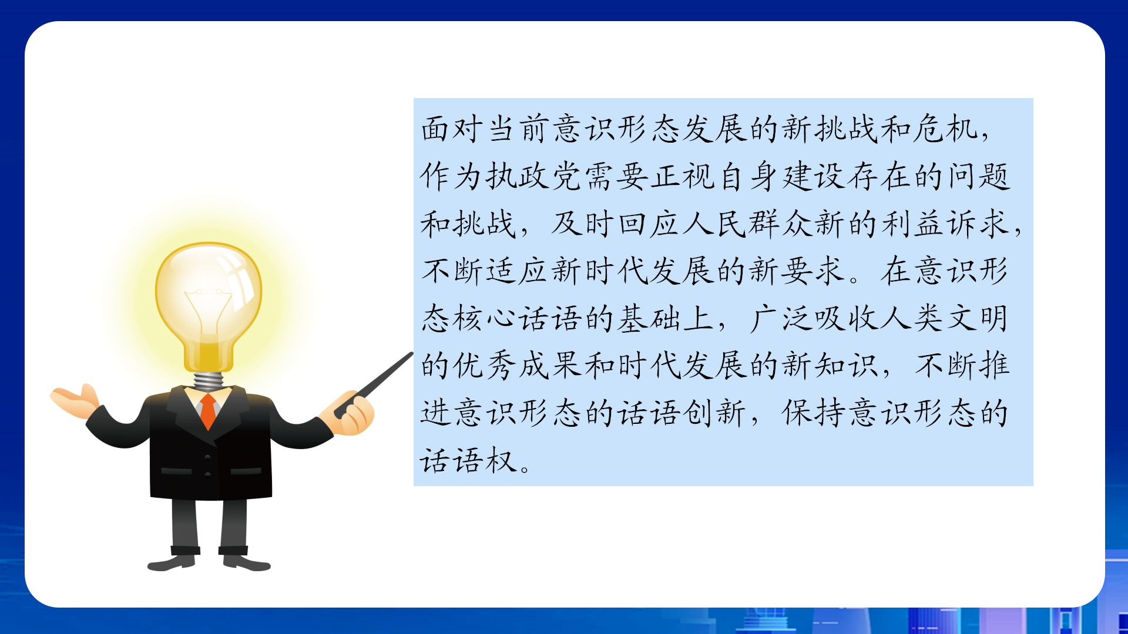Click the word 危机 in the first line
tap(945, 129)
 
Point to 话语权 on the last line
tap(468, 460)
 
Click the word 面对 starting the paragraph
tap(452, 129)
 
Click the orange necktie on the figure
tap(209, 410)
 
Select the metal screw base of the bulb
tap(208, 380)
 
